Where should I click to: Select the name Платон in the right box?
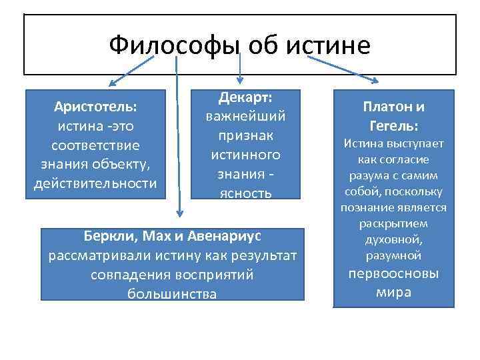[387, 107]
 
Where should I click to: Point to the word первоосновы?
[393, 274]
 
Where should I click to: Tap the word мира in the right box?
[393, 293]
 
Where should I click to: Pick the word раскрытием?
[393, 224]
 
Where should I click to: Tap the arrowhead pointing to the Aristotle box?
[112, 85]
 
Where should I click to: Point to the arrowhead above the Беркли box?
[179, 213]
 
